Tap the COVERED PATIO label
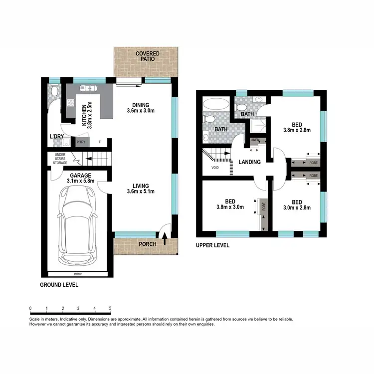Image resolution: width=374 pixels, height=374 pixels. pyautogui.click(x=147, y=56)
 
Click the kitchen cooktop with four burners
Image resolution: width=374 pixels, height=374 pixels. pyautogui.click(x=71, y=104)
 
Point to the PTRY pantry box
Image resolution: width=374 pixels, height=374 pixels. pyautogui.click(x=80, y=142)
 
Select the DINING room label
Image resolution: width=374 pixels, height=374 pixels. pyautogui.click(x=140, y=105)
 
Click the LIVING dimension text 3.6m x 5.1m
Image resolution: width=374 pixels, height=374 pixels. pyautogui.click(x=141, y=191)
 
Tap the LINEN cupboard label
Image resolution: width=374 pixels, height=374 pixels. pyautogui.click(x=255, y=140)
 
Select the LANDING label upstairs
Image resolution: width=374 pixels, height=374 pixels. pyautogui.click(x=250, y=162)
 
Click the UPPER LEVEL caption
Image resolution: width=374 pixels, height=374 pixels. pyautogui.click(x=212, y=245)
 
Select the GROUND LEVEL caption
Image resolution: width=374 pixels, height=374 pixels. pyautogui.click(x=59, y=285)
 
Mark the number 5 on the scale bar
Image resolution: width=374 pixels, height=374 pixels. pyautogui.click(x=110, y=308)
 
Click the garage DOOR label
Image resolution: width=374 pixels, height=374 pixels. pyautogui.click(x=77, y=274)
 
